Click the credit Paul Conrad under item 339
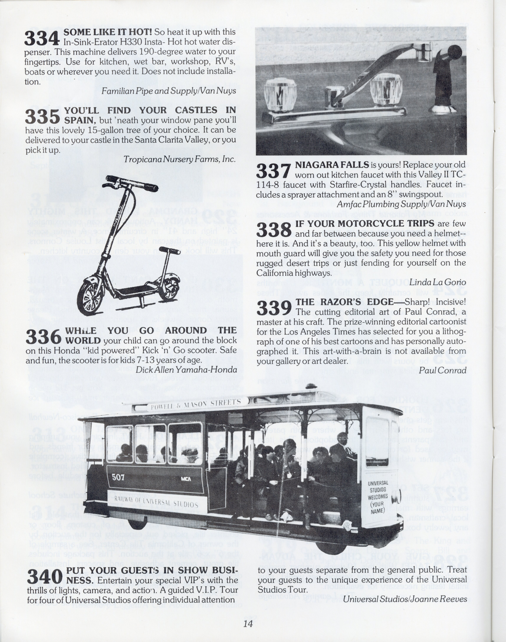(x=443, y=370)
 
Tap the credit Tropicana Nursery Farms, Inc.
(x=179, y=159)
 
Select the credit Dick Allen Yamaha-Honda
(x=186, y=370)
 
